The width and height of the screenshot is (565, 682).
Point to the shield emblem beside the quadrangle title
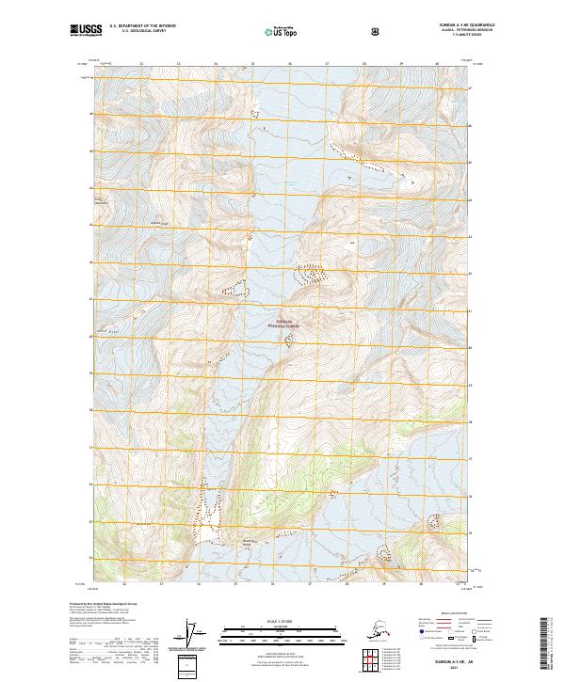coord(376,31)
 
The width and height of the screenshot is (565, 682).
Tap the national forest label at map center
coord(287,323)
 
